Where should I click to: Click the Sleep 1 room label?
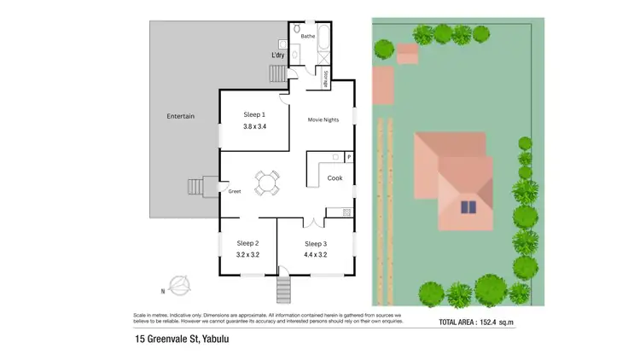254,114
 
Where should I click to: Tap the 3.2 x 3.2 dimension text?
247,254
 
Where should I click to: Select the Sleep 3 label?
316,243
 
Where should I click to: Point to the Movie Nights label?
323,119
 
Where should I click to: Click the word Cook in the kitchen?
335,178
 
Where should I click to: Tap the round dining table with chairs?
267,182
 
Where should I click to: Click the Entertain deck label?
181,116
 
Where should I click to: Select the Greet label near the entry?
235,191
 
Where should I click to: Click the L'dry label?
277,55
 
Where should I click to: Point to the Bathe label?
308,38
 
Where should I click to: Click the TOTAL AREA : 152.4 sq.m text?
477,323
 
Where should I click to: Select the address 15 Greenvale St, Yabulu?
182,340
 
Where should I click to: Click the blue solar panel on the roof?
468,206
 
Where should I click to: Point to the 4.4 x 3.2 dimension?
316,254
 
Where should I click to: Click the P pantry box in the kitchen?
349,158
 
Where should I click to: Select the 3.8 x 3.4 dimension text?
254,127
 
